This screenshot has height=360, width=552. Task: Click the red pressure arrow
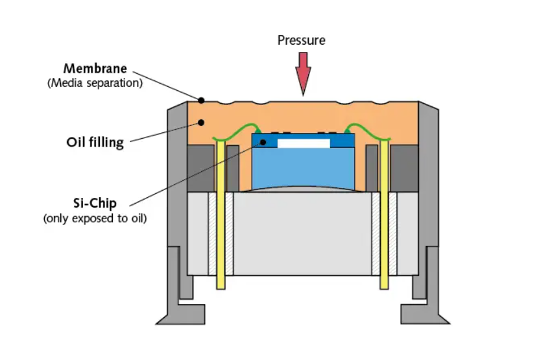[302, 72]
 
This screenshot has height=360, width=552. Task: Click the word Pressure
[302, 40]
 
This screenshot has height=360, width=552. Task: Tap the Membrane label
[95, 68]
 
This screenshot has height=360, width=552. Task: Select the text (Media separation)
[95, 83]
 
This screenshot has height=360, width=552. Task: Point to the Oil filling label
[95, 141]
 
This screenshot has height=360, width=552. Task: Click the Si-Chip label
[95, 203]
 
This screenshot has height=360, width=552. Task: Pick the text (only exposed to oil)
[95, 218]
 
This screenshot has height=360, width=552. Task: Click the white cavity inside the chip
[304, 143]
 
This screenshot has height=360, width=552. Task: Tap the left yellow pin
[221, 214]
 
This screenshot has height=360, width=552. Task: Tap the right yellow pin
[384, 214]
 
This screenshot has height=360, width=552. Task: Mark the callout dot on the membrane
[201, 100]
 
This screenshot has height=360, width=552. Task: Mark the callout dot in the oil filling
[201, 121]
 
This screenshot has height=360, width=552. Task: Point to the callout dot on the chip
[261, 141]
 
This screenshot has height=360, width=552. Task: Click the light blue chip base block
[303, 167]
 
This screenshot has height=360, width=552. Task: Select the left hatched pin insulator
[212, 234]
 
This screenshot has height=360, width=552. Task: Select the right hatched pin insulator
[393, 234]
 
